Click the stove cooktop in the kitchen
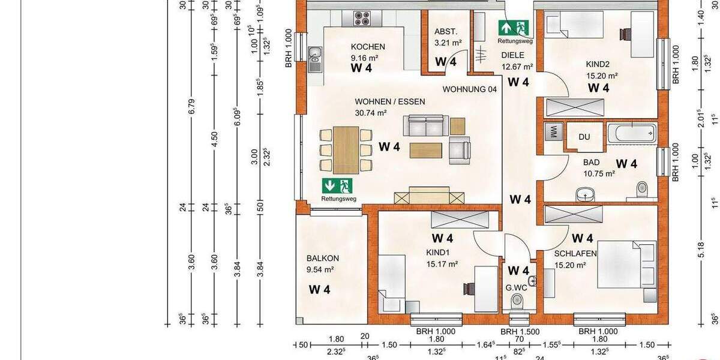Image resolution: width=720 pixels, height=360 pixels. pyautogui.click(x=362, y=18)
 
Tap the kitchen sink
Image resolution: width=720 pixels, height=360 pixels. pyautogui.click(x=314, y=59)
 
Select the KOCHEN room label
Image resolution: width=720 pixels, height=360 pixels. pyautogui.click(x=368, y=47)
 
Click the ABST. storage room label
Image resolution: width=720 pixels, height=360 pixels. pyautogui.click(x=446, y=32)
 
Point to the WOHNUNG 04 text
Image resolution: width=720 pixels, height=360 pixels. pyautogui.click(x=470, y=90)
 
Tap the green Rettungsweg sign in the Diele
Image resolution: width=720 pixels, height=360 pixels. pyautogui.click(x=514, y=28)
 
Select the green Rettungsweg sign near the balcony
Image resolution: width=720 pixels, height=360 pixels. pyautogui.click(x=338, y=186)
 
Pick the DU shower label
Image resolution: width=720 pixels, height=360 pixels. pyautogui.click(x=584, y=137)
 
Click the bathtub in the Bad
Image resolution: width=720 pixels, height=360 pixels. pyautogui.click(x=631, y=133)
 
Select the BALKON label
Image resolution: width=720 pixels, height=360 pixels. pyautogui.click(x=320, y=259)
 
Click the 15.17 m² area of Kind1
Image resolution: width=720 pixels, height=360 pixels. pyautogui.click(x=442, y=263)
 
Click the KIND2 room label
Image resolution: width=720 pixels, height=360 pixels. pyautogui.click(x=597, y=64)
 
